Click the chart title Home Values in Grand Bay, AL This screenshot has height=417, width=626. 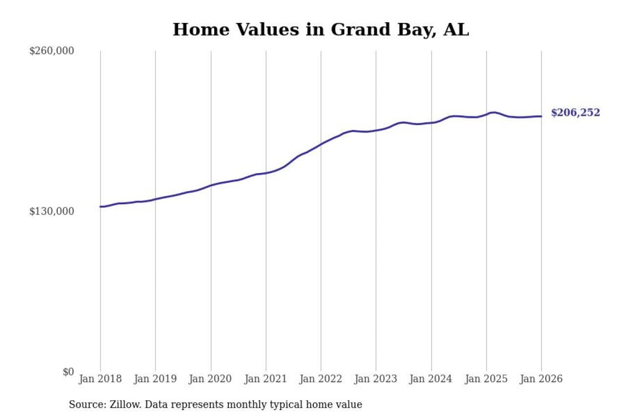click(x=320, y=30)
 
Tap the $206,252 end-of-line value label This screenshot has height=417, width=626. click(x=575, y=113)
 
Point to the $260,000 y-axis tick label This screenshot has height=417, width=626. click(x=51, y=51)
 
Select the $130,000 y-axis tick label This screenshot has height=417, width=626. click(x=51, y=211)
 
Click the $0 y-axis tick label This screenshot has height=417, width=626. click(x=68, y=372)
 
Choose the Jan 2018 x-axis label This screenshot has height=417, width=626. click(x=100, y=379)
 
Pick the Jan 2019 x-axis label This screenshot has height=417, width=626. click(x=156, y=379)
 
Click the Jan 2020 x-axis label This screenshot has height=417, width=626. click(x=211, y=379)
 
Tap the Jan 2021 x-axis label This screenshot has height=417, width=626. click(x=266, y=379)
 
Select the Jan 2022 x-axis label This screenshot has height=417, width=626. click(x=321, y=379)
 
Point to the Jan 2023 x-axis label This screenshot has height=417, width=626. click(x=376, y=379)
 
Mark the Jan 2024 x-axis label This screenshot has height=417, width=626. click(x=431, y=379)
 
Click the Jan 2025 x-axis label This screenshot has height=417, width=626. click(x=486, y=379)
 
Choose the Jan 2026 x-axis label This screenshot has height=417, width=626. click(x=541, y=379)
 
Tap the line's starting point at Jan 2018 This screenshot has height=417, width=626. click(x=100, y=207)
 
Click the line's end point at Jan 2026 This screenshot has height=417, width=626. click(x=541, y=116)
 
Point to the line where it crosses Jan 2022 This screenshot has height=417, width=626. click(x=321, y=144)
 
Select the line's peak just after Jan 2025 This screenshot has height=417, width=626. click(x=494, y=112)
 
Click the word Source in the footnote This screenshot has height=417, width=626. click(x=85, y=405)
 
